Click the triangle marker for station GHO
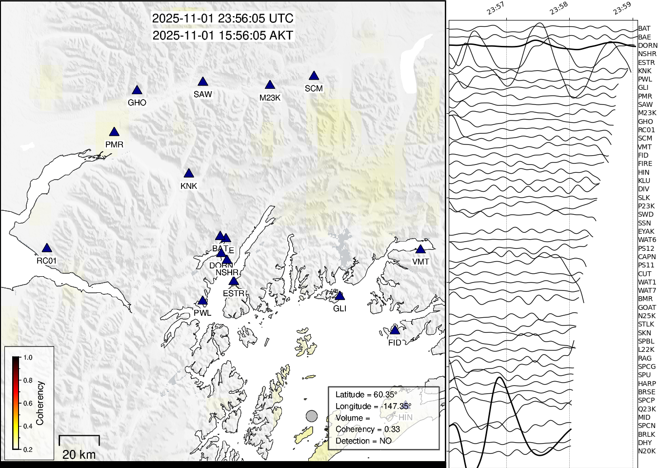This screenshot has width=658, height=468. coord(137,90)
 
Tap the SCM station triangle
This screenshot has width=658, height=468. coord(314,76)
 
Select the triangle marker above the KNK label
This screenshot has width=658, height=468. coord(189,173)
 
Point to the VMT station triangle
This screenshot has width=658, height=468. coord(420,249)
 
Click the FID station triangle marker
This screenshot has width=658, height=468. coord(395,330)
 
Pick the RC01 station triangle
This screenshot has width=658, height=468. coord(47,248)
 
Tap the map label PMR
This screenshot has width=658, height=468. coord(114,144)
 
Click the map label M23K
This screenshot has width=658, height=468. coord(270,98)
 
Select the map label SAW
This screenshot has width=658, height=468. coord(203,94)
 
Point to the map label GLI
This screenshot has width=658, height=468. coord(340,308)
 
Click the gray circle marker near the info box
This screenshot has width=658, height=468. coord(312,416)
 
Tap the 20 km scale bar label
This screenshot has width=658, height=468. coord(79,455)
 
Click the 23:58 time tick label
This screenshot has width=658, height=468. coord(558,8)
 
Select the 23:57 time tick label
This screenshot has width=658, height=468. coord(495,8)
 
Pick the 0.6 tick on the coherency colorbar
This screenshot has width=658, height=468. coord(28,404)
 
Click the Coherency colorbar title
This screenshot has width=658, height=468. coord(40,403)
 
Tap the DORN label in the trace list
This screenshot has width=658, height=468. coord(647,45)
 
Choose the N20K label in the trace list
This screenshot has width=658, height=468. coord(647,451)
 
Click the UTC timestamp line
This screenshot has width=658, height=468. coord(223,19)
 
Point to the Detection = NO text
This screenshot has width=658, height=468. coord(363,441)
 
